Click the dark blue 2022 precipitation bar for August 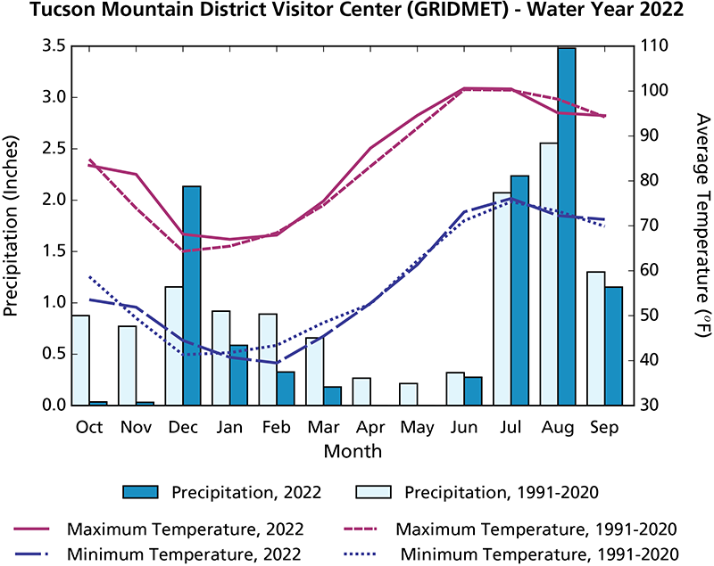567,227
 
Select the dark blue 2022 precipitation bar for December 191,296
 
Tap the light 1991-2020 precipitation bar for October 79,360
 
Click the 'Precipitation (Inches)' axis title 12,225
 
